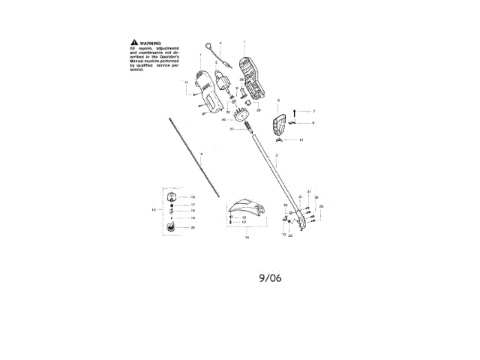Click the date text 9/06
270,277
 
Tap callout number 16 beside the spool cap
193,196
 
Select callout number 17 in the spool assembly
193,204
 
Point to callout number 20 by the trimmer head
193,227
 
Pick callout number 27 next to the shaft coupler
232,130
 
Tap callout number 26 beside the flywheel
223,119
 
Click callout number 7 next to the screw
304,111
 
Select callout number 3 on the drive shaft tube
277,154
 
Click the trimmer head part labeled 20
171,227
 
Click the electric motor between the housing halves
223,80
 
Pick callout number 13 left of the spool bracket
153,211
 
